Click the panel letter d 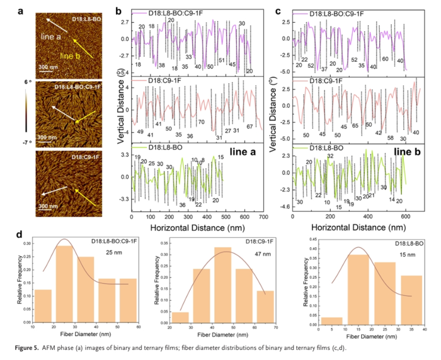[x=22, y=233]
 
